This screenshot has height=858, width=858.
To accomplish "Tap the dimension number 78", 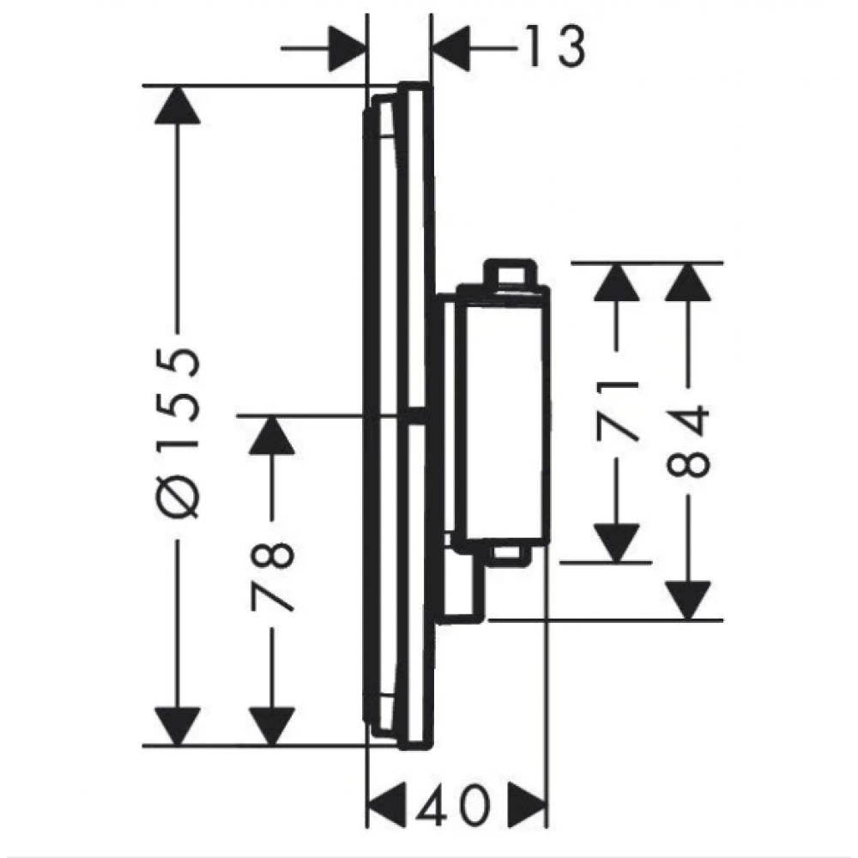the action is tap(272, 576).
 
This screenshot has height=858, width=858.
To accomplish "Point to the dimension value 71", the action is tap(617, 412).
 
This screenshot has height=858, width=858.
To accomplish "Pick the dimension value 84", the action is tap(688, 441).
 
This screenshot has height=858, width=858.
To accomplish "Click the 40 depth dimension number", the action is tap(451, 806).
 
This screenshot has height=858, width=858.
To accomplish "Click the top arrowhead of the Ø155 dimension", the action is tap(178, 105).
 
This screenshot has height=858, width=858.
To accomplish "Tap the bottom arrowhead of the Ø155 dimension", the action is tap(178, 727).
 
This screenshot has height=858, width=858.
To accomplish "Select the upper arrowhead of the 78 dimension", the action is tap(272, 435).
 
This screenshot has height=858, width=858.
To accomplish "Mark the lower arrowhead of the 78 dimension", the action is tap(272, 727).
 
